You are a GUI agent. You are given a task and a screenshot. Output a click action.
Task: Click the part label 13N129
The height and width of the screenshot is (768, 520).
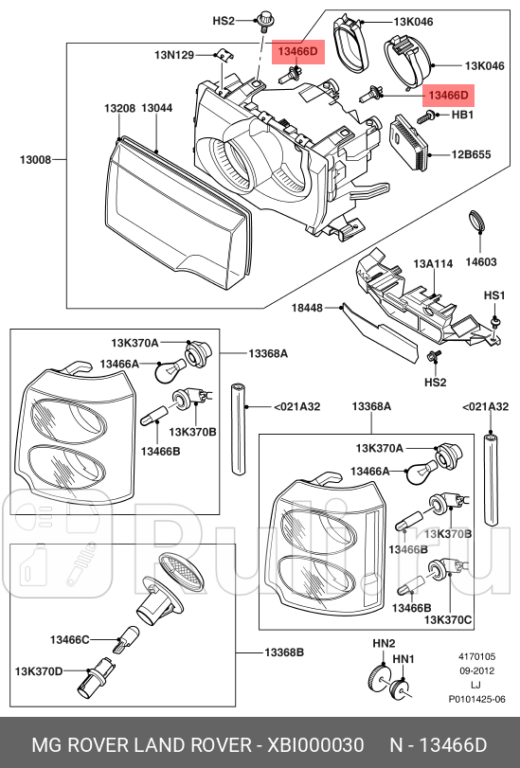click(x=173, y=55)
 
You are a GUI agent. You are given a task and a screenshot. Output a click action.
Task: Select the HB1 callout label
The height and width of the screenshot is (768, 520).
click(x=462, y=116)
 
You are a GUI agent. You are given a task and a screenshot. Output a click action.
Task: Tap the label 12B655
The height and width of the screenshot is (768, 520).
click(x=470, y=153)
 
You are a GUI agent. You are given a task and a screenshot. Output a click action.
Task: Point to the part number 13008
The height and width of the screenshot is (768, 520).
click(x=35, y=159)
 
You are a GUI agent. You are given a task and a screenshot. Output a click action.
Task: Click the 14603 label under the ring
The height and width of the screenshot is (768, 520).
click(x=481, y=260)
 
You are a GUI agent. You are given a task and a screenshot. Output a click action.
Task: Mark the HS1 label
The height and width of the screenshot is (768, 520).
click(x=494, y=296)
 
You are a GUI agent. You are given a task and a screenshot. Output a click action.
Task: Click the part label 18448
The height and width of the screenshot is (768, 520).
click(x=307, y=308)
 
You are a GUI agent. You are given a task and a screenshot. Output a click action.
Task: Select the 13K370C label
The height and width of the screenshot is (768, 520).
click(x=448, y=619)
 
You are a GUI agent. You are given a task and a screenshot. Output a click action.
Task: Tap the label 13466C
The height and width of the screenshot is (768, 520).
click(x=70, y=640)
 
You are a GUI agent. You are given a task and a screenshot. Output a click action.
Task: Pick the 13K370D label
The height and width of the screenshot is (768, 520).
click(x=39, y=670)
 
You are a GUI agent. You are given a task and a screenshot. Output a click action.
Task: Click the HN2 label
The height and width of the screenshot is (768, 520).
click(x=383, y=643)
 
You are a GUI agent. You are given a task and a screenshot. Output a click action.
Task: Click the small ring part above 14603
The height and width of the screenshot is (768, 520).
click(x=478, y=223)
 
